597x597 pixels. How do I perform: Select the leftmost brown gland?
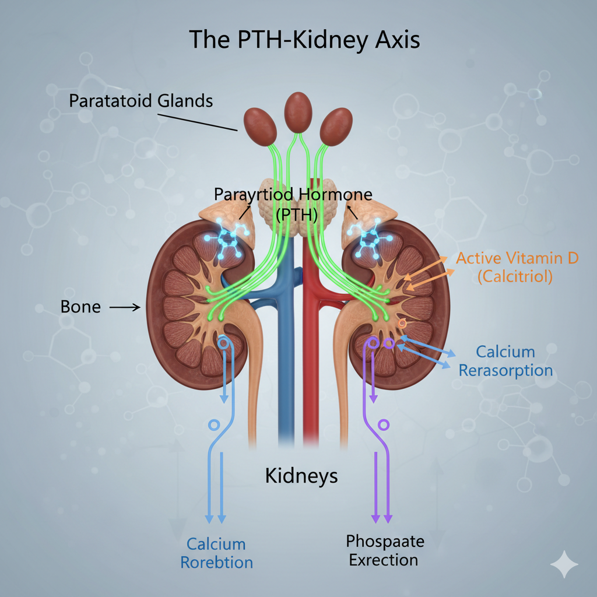258,127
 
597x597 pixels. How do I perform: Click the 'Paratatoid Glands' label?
141,100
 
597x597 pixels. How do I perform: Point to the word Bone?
80,307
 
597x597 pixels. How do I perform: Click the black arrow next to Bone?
125,307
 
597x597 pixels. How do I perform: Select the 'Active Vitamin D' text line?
517,258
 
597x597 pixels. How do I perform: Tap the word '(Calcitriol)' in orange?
514,277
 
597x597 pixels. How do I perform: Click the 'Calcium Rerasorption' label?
505,361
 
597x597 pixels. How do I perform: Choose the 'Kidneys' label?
301,475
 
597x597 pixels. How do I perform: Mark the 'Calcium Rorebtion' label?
216,553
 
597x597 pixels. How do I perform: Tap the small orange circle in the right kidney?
402,323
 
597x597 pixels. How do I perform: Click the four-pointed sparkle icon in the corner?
564,565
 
